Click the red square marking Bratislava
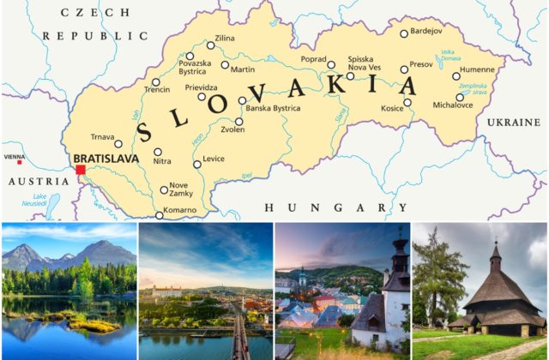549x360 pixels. (81, 170)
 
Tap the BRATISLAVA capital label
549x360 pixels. (106, 159)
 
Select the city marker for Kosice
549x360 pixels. (407, 102)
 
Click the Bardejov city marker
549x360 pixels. (404, 34)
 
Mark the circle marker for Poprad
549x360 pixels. (331, 63)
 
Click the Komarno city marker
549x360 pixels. (159, 214)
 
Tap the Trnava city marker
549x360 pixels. (118, 143)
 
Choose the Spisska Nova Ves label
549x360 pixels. (365, 63)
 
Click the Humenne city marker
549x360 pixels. (456, 75)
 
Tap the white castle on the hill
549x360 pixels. (166, 291)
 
